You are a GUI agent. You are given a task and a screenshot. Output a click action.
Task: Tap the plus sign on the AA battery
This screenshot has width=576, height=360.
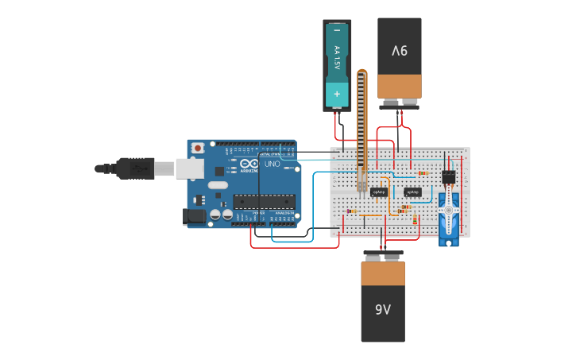click(x=337, y=94)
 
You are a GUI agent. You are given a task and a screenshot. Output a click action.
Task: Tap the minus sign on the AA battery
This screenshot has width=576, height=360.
click(x=337, y=30)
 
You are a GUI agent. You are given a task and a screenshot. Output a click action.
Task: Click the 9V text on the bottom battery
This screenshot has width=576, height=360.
click(x=383, y=309)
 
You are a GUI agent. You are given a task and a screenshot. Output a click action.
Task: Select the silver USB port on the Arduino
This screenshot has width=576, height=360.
click(x=188, y=168)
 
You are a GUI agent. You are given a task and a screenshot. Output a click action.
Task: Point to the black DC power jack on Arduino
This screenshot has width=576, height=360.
click(x=193, y=215)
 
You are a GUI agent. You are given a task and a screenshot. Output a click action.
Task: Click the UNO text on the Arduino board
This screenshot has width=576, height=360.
click(x=272, y=164)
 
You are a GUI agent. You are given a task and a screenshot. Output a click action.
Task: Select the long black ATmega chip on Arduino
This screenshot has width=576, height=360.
click(x=264, y=201)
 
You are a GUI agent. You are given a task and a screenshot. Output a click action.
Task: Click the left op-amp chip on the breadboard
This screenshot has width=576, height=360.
click(x=379, y=192)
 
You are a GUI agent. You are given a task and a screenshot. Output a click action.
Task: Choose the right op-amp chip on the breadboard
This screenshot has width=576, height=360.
click(x=412, y=192)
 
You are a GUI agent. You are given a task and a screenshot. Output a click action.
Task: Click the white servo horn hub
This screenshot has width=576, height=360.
click(x=449, y=211)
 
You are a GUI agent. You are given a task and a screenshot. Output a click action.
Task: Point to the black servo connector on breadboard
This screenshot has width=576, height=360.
click(x=449, y=176)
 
